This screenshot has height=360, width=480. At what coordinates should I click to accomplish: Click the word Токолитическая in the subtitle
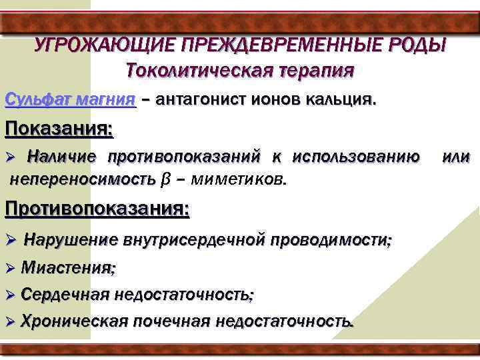(195, 69)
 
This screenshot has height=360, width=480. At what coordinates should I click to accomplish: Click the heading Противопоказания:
(97, 208)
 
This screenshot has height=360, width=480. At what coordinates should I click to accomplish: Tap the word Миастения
(67, 268)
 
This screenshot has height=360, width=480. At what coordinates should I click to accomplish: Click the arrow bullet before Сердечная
(10, 294)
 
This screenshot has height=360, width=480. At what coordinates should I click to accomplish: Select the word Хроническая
(73, 321)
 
